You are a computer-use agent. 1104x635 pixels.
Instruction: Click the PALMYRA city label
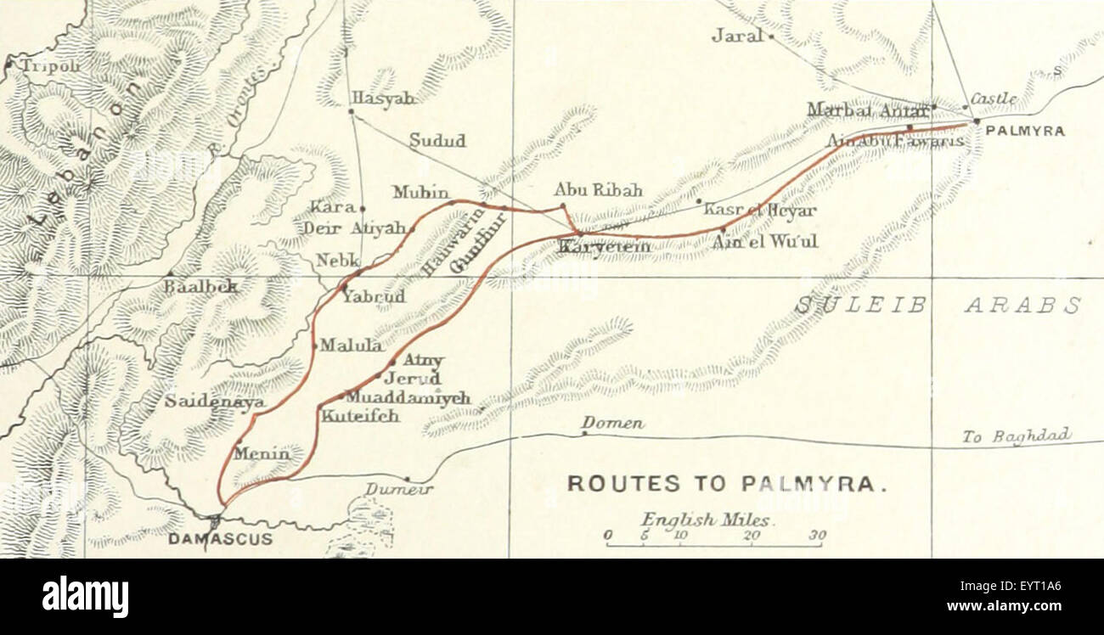(1025, 132)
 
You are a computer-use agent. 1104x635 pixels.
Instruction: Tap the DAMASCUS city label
(221, 539)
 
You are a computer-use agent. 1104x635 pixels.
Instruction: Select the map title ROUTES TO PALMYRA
(727, 484)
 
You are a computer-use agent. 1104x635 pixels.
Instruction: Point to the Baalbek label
(201, 287)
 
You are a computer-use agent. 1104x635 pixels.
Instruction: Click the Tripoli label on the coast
(49, 66)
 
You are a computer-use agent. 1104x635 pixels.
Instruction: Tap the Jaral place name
(737, 37)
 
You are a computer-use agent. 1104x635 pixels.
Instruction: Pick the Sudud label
(437, 142)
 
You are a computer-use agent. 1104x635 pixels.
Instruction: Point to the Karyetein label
(604, 246)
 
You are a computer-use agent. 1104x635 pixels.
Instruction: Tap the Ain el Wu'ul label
(764, 241)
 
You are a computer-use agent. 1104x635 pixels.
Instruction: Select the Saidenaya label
(214, 402)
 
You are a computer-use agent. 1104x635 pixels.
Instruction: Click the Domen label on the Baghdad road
(612, 423)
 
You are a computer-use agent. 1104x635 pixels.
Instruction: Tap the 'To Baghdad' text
(1017, 436)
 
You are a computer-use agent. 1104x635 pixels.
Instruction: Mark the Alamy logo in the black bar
(85, 597)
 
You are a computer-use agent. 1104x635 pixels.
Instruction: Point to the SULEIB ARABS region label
(938, 306)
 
